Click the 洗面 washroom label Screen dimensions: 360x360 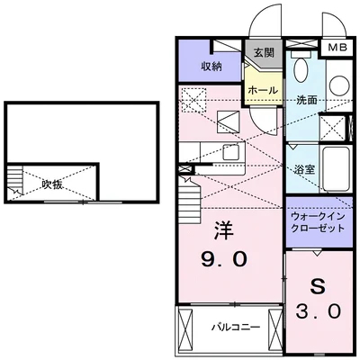click(x=307, y=100)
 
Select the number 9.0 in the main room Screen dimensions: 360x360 click(x=223, y=263)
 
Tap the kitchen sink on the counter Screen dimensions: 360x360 click(x=229, y=152)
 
